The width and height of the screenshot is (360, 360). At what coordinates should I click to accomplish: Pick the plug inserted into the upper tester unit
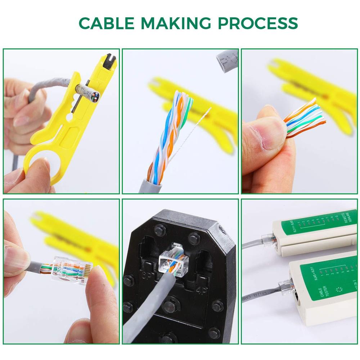(x=268, y=239)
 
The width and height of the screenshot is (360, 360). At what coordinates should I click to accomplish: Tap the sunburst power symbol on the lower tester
(x=338, y=290)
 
